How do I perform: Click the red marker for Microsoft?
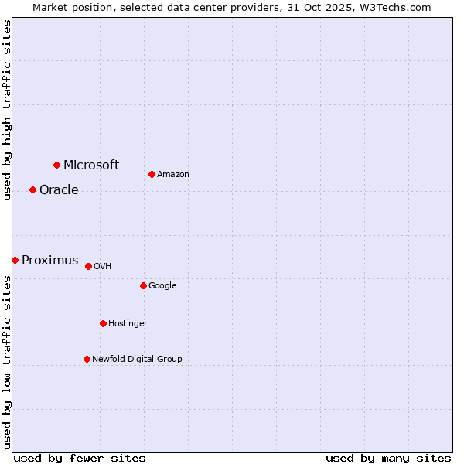tap(56, 165)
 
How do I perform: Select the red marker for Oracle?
tap(32, 189)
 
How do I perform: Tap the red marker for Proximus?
tap(15, 260)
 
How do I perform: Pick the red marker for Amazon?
tap(152, 174)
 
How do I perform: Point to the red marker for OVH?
tap(88, 266)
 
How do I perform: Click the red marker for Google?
tap(143, 285)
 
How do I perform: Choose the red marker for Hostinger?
tap(103, 323)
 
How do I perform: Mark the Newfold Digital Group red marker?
tap(87, 359)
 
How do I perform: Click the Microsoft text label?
tap(91, 165)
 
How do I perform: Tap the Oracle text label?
tap(59, 190)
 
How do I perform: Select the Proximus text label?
tap(49, 261)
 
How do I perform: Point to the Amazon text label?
tap(173, 175)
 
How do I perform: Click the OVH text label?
tap(103, 267)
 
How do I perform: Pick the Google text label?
tap(162, 286)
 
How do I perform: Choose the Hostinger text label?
tap(128, 323)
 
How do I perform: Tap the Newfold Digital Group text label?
tap(137, 359)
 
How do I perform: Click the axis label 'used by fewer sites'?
tap(80, 458)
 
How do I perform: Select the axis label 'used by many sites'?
tap(388, 458)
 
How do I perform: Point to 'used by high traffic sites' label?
tap(7, 109)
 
